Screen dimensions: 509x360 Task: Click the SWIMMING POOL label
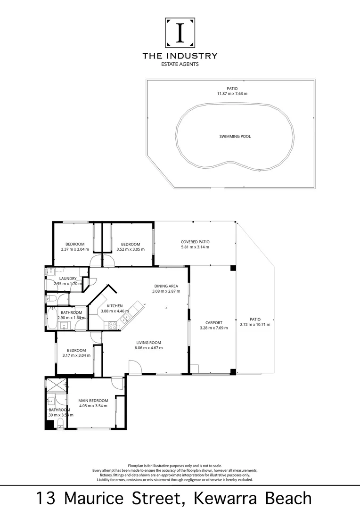coord(235,136)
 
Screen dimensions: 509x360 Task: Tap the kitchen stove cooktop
coord(113,325)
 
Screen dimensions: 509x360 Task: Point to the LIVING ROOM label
coord(148,343)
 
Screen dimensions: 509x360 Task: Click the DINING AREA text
coord(166,286)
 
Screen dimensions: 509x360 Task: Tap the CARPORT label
coord(213,323)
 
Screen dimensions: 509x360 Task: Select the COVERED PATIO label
coord(195,242)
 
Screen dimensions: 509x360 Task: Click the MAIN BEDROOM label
coord(93,401)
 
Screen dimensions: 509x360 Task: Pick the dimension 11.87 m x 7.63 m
coord(232,94)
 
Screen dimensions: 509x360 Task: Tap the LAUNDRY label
coord(68,279)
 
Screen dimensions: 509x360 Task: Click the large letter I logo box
coord(180,33)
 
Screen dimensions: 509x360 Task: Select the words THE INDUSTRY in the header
coord(180,56)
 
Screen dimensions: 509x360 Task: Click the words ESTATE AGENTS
coord(180,64)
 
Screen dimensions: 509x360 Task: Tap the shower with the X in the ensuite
coord(56,386)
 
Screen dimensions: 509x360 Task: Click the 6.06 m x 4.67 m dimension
coord(148,348)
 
